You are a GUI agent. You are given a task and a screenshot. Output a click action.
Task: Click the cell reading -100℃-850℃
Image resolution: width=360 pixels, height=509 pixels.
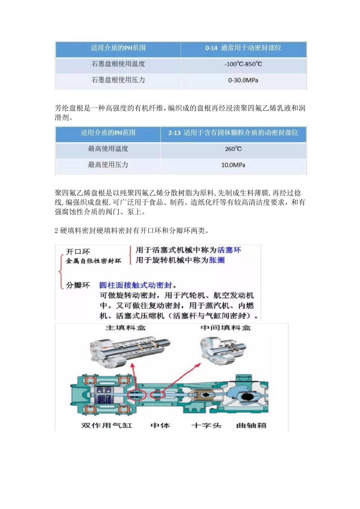[243, 64]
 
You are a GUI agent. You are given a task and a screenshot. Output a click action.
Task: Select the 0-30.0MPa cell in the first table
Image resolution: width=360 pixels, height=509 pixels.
[243, 80]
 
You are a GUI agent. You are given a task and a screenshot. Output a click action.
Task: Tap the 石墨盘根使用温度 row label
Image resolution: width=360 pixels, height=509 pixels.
[118, 64]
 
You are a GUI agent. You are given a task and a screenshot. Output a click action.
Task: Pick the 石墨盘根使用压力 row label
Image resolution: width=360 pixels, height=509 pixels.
[118, 80]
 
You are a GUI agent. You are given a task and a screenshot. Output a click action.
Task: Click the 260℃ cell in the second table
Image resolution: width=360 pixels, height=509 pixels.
[233, 149]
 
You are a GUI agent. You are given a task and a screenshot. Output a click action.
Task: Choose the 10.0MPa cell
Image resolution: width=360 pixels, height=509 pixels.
[233, 165]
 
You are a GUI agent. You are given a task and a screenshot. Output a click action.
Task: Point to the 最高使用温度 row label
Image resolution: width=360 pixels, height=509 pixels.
[108, 149]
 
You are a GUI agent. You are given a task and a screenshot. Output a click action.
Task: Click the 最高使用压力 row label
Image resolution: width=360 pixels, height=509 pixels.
[108, 165]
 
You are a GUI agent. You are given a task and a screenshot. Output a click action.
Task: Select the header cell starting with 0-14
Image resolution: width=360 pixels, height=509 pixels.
[243, 48]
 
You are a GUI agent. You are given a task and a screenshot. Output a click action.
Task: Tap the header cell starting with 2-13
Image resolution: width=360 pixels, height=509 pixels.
[233, 133]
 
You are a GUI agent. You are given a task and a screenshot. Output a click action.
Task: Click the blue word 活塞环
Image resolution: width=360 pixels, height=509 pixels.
[229, 250]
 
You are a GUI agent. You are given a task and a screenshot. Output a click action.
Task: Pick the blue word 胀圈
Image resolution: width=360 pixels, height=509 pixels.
[217, 260]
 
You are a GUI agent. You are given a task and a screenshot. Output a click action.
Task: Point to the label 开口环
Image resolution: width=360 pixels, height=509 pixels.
[78, 252]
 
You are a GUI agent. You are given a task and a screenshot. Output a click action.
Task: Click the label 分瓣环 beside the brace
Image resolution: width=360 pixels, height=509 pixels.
[78, 285]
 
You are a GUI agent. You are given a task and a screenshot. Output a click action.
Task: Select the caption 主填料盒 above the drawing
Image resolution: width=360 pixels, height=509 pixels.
[125, 328]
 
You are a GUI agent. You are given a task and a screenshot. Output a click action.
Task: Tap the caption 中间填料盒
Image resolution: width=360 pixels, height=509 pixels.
[225, 328]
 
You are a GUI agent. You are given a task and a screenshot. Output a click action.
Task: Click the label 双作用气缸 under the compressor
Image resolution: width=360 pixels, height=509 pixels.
[107, 426]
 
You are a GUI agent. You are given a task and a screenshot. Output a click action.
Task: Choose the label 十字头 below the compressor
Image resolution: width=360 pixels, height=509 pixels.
[207, 426]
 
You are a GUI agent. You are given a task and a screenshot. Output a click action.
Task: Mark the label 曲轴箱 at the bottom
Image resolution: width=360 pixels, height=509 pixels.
[251, 426]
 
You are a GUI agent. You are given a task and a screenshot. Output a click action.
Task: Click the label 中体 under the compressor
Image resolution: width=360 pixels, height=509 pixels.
[160, 426]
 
